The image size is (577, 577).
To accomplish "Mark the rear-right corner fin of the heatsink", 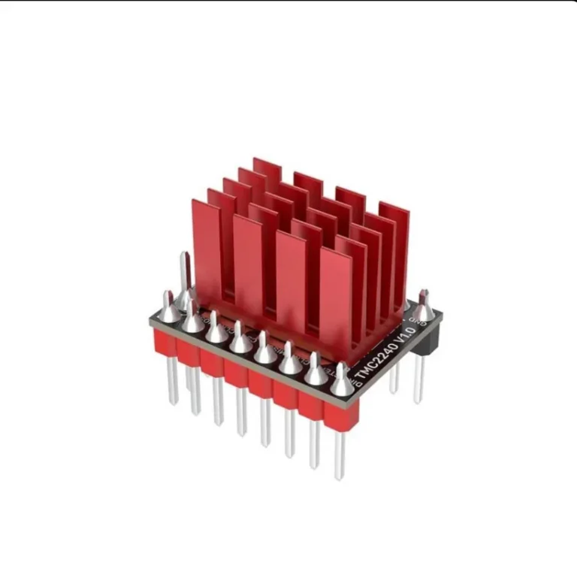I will (394, 225).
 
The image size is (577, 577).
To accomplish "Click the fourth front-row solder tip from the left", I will (240, 338).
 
